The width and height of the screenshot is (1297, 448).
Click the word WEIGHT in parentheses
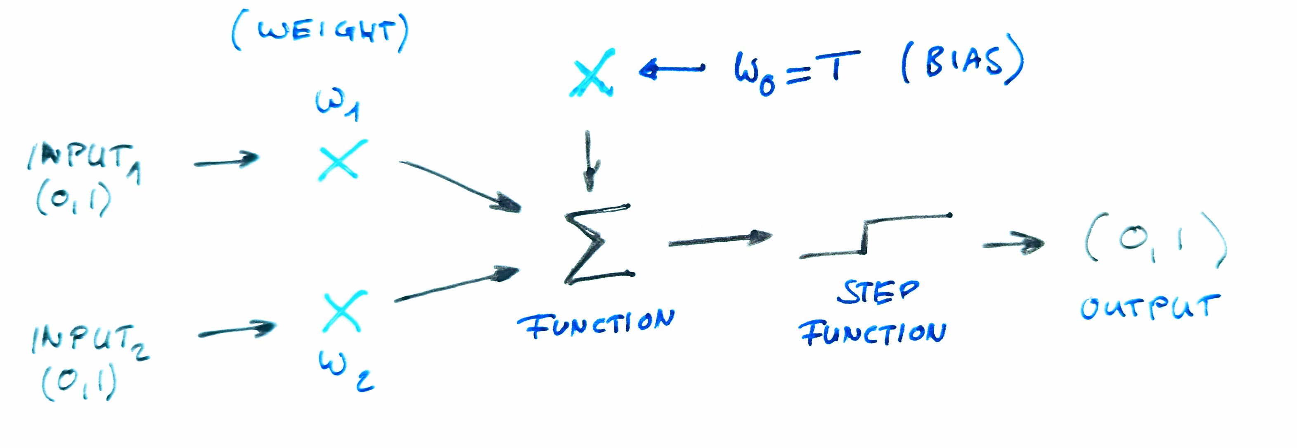[x=325, y=33]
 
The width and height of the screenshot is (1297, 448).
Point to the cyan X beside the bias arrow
[x=592, y=73]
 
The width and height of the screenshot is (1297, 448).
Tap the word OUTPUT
[x=1150, y=307]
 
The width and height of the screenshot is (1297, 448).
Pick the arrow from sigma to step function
[x=720, y=241]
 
